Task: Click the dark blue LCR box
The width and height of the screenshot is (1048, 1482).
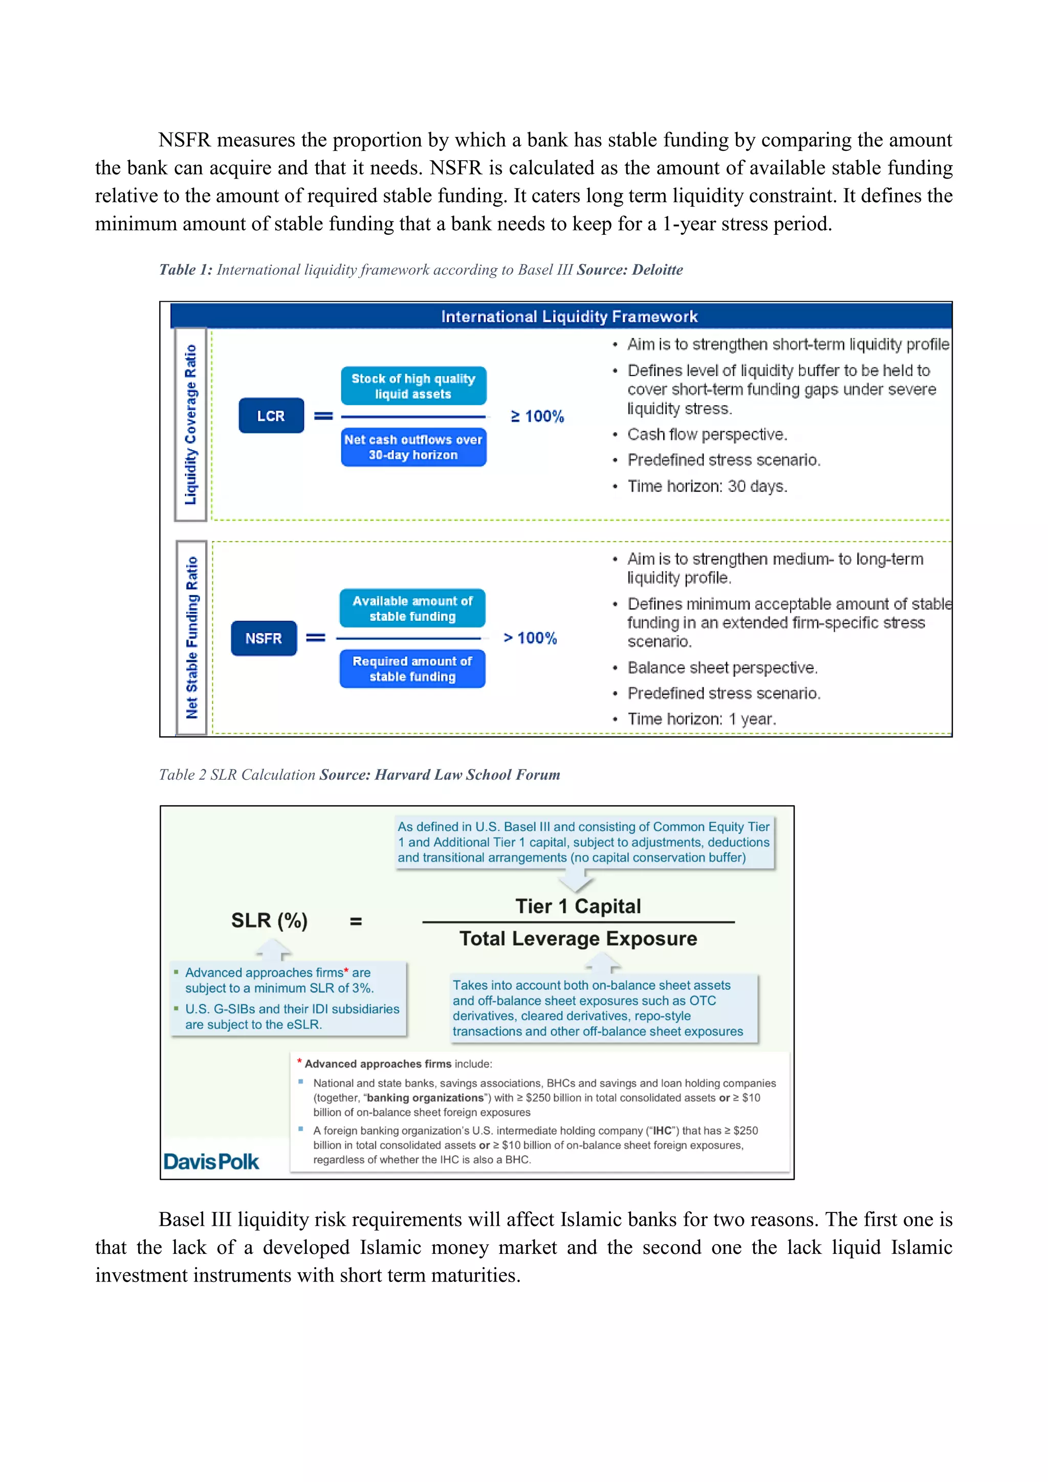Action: (271, 416)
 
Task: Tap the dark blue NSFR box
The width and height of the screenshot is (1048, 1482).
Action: (264, 638)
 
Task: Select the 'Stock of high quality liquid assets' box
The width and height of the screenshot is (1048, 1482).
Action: (413, 386)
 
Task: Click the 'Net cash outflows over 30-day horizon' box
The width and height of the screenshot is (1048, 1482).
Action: (413, 447)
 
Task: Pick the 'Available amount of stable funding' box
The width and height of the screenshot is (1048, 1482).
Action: (412, 608)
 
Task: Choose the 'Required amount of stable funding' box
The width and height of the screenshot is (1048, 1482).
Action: (412, 669)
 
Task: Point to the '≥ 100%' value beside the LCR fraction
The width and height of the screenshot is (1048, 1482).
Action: (537, 416)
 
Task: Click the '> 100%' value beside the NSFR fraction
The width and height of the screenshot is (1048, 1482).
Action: (530, 638)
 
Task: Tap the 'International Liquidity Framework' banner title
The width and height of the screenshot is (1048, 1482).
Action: (569, 316)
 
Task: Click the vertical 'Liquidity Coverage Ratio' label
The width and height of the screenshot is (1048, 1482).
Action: (190, 424)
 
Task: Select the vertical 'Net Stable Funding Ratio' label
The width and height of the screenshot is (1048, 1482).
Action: (192, 638)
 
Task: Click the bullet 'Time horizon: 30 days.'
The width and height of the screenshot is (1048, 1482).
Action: (707, 486)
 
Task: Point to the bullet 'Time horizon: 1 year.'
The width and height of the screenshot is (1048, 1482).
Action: (701, 719)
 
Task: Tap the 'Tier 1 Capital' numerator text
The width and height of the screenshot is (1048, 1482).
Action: (578, 906)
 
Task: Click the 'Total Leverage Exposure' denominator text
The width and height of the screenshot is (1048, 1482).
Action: (578, 939)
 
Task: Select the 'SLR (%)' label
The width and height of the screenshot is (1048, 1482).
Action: (269, 920)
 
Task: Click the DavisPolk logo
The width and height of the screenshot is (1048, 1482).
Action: (211, 1162)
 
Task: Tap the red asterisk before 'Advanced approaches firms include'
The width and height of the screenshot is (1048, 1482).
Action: (300, 1062)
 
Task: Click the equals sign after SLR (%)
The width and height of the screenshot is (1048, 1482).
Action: (356, 922)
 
